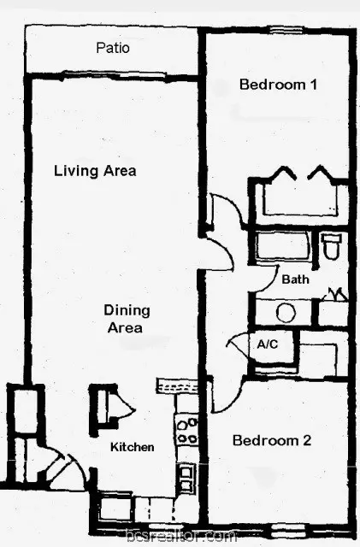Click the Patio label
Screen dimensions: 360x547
point(113,48)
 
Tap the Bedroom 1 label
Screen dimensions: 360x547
point(278,85)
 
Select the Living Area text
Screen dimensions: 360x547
point(95,171)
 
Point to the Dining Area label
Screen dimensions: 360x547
point(127,319)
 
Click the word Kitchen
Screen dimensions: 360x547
point(133,447)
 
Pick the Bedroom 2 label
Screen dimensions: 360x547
point(272,440)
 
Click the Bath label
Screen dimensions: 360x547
point(295,279)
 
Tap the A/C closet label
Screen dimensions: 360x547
point(268,344)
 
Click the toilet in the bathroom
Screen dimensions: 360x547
point(332,246)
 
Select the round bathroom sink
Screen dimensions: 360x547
point(286,313)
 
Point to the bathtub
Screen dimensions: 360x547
point(282,246)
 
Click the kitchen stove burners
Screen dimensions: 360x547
point(186,430)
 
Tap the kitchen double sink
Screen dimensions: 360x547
point(186,478)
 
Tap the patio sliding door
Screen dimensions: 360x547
point(114,75)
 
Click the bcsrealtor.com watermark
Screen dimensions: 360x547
point(181,538)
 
